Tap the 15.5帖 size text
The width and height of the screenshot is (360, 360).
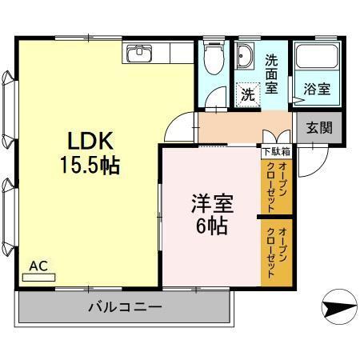tap(87, 166)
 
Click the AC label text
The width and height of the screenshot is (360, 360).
tap(37, 264)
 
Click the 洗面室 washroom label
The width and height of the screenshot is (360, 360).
tap(273, 74)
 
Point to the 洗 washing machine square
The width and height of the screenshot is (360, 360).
tap(248, 92)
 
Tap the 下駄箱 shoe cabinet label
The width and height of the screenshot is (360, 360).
tap(275, 150)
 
